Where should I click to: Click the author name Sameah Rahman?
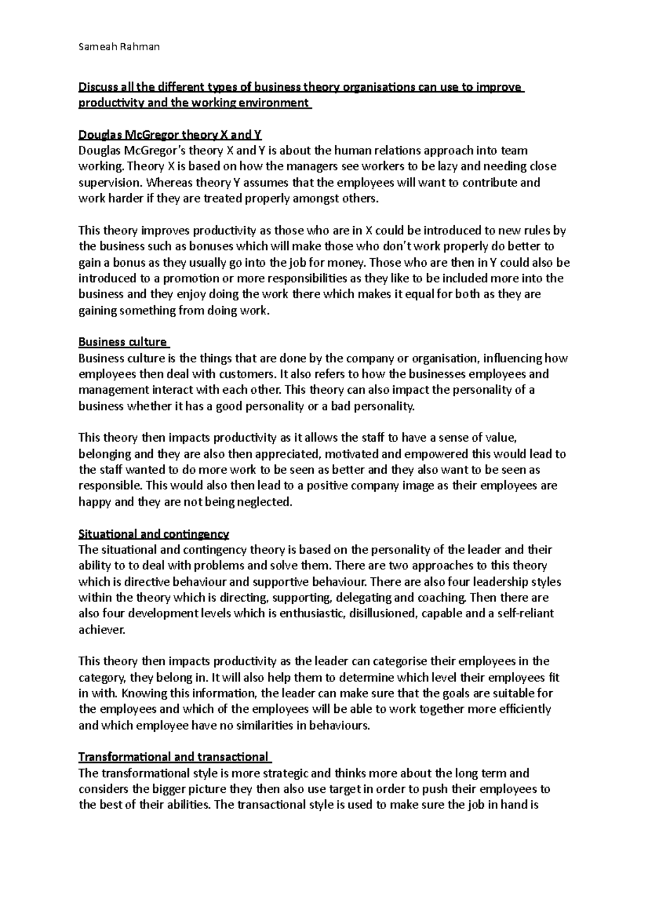pyautogui.click(x=119, y=47)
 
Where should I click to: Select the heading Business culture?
pyautogui.click(x=123, y=342)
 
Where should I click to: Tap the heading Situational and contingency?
pyautogui.click(x=154, y=534)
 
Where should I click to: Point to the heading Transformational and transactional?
pyautogui.click(x=173, y=757)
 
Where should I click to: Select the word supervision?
pyautogui.click(x=106, y=183)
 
